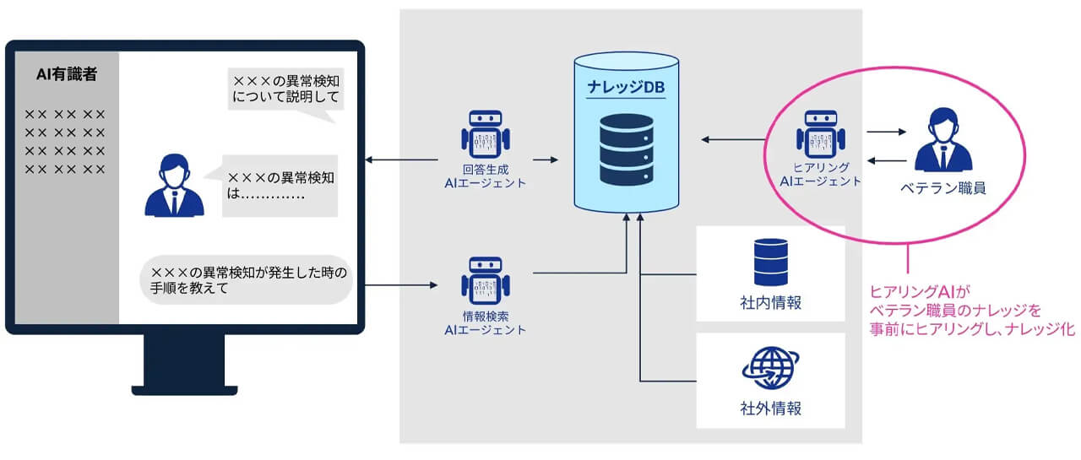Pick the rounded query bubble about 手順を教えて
[x=247, y=280]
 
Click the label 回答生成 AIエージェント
[x=485, y=175]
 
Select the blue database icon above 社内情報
[x=769, y=262]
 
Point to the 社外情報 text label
[x=769, y=409]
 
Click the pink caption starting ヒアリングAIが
[x=971, y=311]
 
